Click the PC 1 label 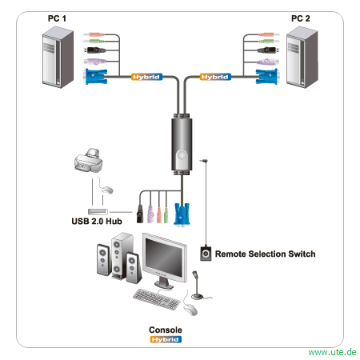(57, 18)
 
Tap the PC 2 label (301, 18)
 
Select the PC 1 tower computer (58, 57)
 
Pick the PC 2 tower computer (302, 57)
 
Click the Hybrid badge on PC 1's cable (146, 77)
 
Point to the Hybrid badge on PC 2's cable (215, 77)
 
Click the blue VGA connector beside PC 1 (95, 77)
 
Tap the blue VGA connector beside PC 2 (267, 77)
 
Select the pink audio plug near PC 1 (94, 34)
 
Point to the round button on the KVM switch (182, 155)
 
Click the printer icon (89, 160)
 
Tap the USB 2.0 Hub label (97, 222)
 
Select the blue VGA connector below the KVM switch (182, 214)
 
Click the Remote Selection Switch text (265, 254)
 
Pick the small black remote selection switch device (206, 253)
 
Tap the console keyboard (157, 299)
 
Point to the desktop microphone (198, 286)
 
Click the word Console (166, 330)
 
